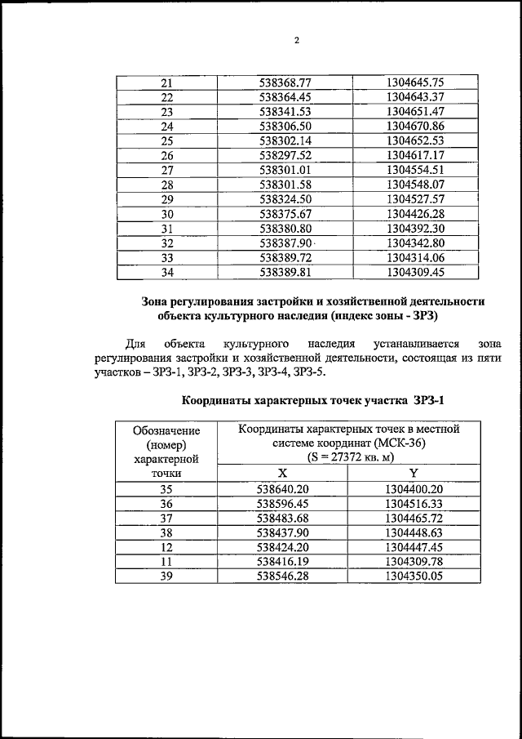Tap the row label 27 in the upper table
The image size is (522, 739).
(167, 170)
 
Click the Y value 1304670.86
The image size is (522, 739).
(415, 127)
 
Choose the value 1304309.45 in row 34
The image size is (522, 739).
(415, 273)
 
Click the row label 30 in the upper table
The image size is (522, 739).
(167, 214)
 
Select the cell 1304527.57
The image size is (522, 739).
(415, 199)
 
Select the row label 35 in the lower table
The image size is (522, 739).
(167, 488)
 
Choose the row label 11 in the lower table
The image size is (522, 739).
(167, 561)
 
